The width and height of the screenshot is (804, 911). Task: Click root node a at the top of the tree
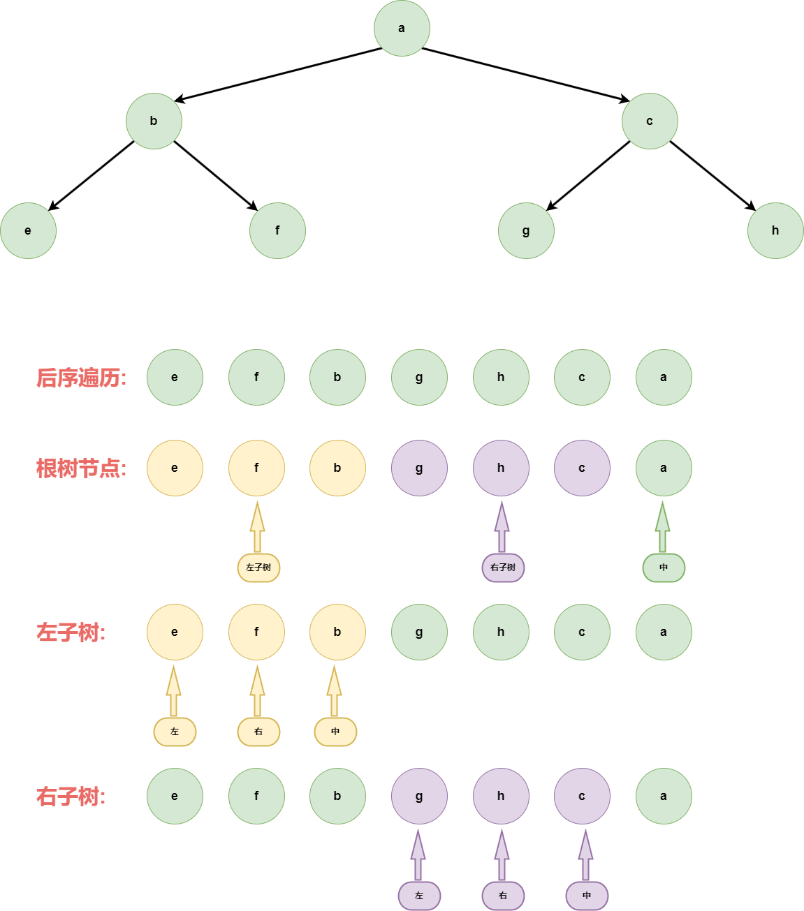pos(402,29)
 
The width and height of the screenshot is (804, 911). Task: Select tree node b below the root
pos(154,121)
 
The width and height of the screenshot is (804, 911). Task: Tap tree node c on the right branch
pos(650,121)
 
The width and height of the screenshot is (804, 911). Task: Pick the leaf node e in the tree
pos(28,230)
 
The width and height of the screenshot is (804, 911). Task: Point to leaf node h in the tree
pos(775,230)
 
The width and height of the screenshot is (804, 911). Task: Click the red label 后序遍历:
pos(81,378)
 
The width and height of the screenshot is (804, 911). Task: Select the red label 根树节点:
pos(81,468)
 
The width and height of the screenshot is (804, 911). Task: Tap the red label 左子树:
pos(71,633)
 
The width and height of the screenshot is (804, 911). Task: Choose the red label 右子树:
pos(71,797)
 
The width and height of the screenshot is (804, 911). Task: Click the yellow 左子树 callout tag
pos(258,568)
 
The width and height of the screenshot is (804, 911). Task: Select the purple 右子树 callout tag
pos(503,568)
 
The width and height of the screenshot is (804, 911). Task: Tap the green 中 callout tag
pos(664,568)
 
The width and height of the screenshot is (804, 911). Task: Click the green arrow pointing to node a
pos(663,527)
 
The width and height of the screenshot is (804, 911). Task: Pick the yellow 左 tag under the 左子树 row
pos(175,732)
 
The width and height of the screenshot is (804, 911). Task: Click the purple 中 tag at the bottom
pos(587,896)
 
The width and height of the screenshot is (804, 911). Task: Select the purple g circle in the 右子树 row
pos(419,796)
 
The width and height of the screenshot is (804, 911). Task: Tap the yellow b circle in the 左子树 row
pos(337,632)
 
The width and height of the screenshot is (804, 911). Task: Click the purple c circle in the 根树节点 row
pos(582,468)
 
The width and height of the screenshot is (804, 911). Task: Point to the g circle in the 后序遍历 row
pos(419,377)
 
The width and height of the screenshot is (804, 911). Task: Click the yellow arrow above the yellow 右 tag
pos(257,691)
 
